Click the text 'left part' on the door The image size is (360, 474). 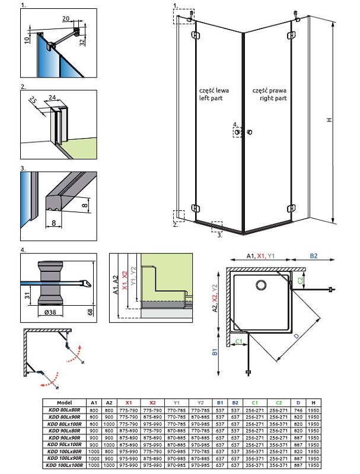click(x=211, y=99)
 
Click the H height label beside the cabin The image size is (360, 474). click(x=336, y=120)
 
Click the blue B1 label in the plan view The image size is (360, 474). click(x=215, y=355)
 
